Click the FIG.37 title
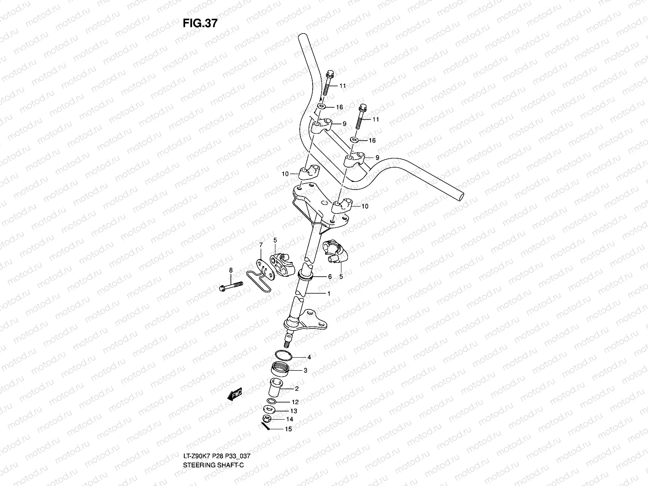(200, 23)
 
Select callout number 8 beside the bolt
(231, 270)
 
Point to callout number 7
(261, 245)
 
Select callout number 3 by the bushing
(305, 370)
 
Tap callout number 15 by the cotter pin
(288, 429)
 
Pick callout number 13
(294, 411)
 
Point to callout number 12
(295, 402)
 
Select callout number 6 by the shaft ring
(330, 277)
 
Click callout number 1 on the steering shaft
(329, 293)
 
